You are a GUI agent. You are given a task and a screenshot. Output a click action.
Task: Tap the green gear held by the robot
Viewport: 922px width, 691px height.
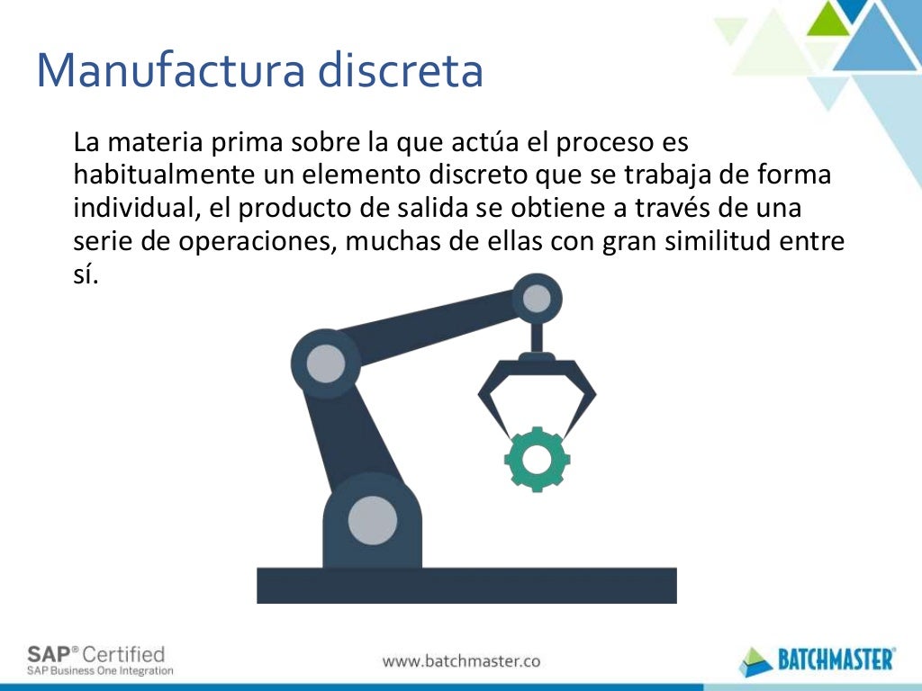(x=536, y=459)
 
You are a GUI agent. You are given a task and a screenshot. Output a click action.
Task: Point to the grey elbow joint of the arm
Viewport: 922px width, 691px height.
(x=325, y=363)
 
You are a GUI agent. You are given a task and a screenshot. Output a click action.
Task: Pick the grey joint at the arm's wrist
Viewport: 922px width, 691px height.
(x=537, y=298)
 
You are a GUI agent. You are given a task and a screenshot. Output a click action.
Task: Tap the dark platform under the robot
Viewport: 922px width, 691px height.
(x=466, y=585)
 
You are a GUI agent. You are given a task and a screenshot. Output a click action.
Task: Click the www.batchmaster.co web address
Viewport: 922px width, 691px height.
(x=461, y=660)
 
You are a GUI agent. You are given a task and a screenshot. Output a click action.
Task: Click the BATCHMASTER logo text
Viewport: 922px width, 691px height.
(x=836, y=660)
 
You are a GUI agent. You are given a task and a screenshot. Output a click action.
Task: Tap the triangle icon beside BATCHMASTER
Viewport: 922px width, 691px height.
(x=755, y=661)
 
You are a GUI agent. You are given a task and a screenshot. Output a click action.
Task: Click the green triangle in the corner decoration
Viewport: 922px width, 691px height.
(x=829, y=20)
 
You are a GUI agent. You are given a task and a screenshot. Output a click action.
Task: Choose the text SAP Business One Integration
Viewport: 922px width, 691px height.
(x=99, y=670)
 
